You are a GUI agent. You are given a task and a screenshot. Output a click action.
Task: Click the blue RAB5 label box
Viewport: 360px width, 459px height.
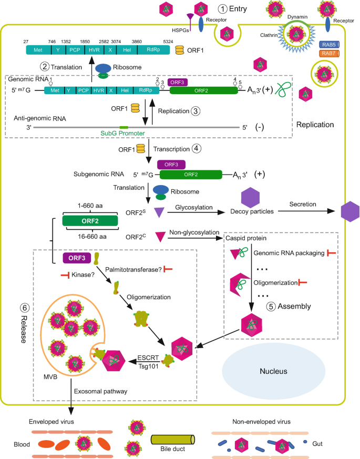click(330, 45)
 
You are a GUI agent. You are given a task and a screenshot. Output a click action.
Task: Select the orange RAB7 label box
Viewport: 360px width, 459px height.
click(330, 54)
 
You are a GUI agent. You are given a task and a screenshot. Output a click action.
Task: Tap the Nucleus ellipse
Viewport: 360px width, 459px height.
click(274, 371)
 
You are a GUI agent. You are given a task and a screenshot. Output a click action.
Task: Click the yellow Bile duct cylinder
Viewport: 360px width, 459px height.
click(173, 440)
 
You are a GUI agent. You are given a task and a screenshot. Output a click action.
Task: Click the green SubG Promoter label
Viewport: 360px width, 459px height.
click(122, 133)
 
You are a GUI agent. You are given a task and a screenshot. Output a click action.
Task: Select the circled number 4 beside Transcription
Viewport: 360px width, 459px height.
click(197, 149)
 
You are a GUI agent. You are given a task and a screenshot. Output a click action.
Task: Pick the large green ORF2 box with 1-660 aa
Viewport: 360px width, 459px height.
click(90, 221)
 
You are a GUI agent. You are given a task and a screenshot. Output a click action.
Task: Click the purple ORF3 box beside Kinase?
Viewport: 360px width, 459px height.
click(77, 258)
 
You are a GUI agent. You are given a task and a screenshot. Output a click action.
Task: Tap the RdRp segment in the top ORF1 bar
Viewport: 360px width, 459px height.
click(153, 50)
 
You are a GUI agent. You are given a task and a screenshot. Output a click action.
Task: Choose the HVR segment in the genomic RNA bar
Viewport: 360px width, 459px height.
click(99, 90)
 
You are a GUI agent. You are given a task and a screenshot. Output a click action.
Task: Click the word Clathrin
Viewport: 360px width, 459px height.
click(269, 35)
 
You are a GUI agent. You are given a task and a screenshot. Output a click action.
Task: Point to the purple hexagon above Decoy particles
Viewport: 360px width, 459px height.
click(250, 198)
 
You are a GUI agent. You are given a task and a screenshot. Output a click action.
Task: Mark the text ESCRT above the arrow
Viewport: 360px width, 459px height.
click(148, 358)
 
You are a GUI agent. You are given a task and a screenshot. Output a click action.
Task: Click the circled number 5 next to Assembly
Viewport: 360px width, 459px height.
click(271, 307)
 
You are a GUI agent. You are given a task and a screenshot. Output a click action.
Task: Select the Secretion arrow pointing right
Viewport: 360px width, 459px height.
click(306, 211)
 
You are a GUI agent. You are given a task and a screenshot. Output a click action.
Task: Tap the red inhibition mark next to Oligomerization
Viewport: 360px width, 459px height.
click(302, 282)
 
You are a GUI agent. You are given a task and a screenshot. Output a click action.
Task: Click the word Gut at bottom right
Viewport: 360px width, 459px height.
click(317, 444)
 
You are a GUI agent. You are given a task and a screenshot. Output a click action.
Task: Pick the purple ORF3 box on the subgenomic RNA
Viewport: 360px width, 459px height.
click(171, 165)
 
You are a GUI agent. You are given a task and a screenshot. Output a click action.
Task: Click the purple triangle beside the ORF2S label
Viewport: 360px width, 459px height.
click(159, 212)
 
